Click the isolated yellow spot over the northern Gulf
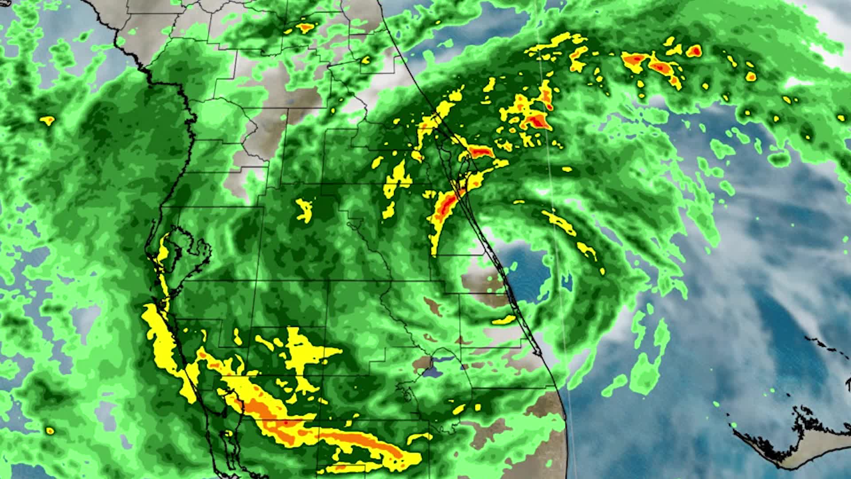[47, 120]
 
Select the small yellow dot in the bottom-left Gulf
[50, 430]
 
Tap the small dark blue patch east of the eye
[567, 280]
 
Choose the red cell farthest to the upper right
[695, 51]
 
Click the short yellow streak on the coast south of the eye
[503, 320]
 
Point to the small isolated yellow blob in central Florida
[304, 209]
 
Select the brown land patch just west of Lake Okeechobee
[419, 364]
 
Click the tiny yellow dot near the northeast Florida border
[366, 59]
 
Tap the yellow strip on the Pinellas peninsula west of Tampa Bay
[163, 253]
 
